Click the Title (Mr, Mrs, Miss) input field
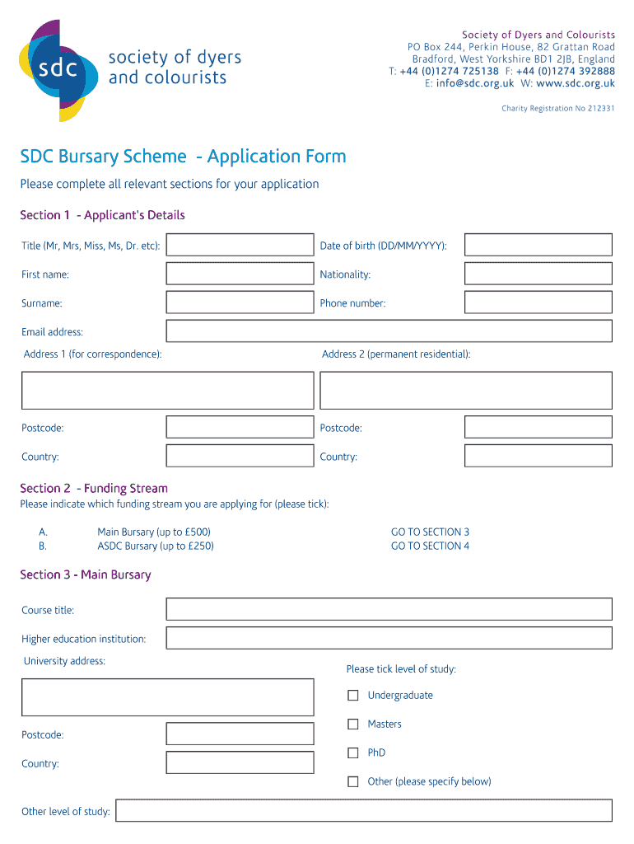click(240, 245)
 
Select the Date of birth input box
click(538, 245)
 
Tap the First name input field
click(240, 274)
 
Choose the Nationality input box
click(538, 274)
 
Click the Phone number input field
click(538, 302)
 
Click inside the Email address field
click(389, 331)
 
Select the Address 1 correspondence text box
click(167, 390)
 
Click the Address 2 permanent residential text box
click(465, 390)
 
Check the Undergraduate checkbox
click(353, 696)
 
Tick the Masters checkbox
click(353, 724)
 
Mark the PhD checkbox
click(353, 753)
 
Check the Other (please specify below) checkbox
click(353, 781)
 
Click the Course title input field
click(389, 609)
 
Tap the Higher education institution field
click(389, 638)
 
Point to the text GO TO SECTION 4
click(430, 546)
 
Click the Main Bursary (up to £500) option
click(154, 532)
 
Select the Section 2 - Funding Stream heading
click(94, 488)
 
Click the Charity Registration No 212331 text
click(557, 109)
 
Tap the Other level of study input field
click(363, 810)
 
